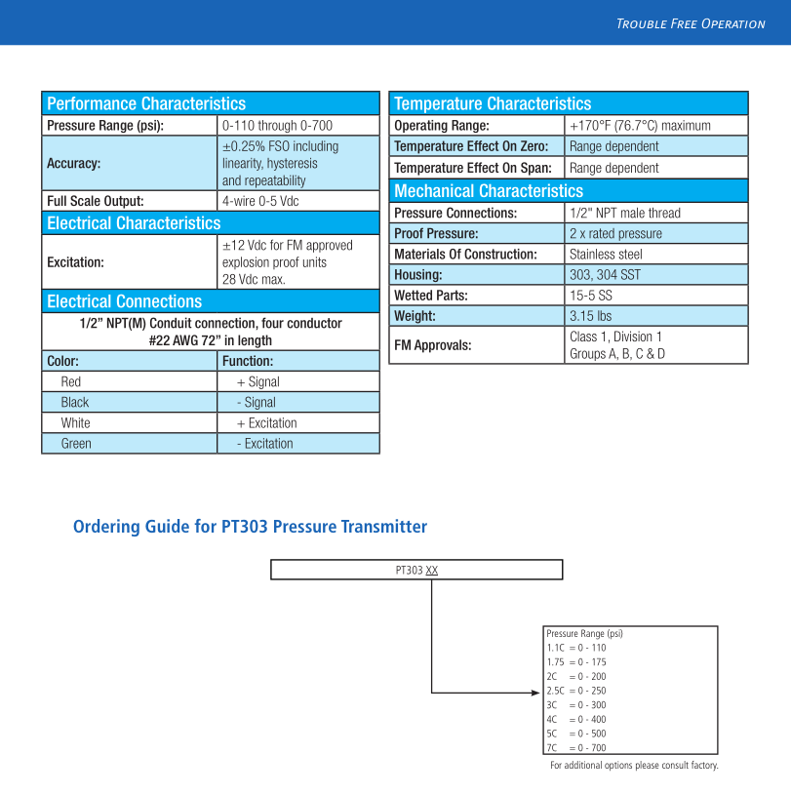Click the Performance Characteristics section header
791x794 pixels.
(146, 103)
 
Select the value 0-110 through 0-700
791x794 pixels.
(277, 126)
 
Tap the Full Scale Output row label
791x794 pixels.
(96, 201)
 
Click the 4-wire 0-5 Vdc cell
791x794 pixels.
(260, 201)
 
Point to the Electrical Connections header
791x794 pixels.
(124, 301)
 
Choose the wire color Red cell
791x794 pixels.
(71, 381)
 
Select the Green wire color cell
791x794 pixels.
(76, 443)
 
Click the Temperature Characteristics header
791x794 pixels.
(493, 103)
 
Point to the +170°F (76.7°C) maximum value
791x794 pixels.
(640, 126)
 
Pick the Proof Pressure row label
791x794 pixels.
(436, 233)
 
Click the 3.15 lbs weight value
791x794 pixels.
(590, 316)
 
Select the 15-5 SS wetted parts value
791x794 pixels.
(591, 295)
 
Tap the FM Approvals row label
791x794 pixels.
(432, 344)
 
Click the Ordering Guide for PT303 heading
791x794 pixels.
(250, 527)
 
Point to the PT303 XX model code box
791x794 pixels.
(416, 570)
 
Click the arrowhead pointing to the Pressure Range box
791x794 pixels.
(537, 693)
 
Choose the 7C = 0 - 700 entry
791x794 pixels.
(576, 747)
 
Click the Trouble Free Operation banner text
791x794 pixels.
(691, 23)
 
